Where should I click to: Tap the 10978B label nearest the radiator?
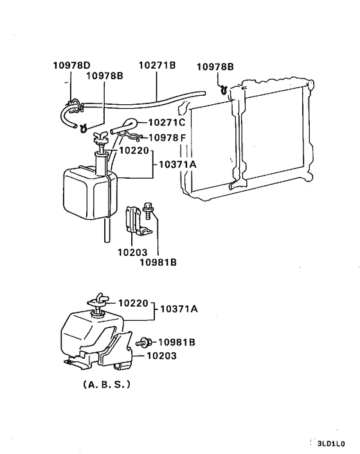pyautogui.click(x=215, y=66)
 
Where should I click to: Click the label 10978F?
pyautogui.click(x=168, y=138)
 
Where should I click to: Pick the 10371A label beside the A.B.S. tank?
pyautogui.click(x=179, y=309)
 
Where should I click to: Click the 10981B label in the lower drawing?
pyautogui.click(x=177, y=342)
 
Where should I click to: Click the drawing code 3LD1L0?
pyautogui.click(x=330, y=443)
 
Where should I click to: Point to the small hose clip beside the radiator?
pyautogui.click(x=222, y=89)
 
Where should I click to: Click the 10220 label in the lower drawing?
pyautogui.click(x=133, y=302)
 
